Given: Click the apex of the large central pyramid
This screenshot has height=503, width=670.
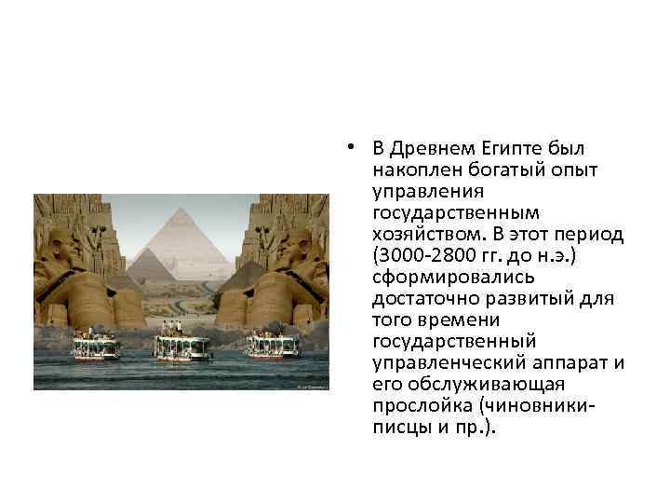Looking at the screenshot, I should (x=181, y=210).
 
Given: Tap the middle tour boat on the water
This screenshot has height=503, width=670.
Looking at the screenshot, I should (x=181, y=347).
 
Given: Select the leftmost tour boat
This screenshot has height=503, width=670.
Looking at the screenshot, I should (x=97, y=347).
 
